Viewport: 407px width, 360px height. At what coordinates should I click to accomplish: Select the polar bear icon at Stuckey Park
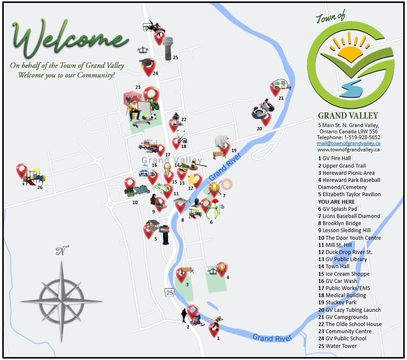(222, 141)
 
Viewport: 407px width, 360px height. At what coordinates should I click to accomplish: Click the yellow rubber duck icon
(193, 179)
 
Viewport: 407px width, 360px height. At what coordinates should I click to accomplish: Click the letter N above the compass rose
(61, 251)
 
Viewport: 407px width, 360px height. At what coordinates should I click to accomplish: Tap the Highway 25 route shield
(169, 292)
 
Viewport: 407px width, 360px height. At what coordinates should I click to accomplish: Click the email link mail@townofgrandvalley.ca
(348, 143)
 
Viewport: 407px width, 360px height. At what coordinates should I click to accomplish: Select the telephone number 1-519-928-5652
(362, 137)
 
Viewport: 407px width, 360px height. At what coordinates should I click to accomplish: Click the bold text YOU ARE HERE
(336, 202)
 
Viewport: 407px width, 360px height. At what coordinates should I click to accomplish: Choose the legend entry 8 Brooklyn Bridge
(340, 223)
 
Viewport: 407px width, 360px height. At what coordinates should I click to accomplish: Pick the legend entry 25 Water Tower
(337, 346)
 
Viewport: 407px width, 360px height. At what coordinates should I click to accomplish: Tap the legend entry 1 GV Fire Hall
(334, 158)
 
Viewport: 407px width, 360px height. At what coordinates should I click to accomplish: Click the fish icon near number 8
(182, 201)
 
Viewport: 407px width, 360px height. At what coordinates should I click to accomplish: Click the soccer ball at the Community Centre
(153, 117)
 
